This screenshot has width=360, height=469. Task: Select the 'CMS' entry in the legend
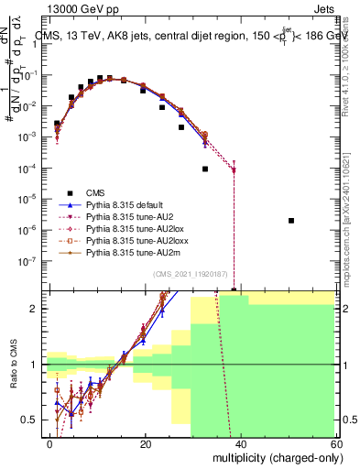[97, 192]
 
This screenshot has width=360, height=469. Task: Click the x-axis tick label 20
[144, 443]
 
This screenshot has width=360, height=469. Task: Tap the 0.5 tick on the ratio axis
[34, 420]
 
